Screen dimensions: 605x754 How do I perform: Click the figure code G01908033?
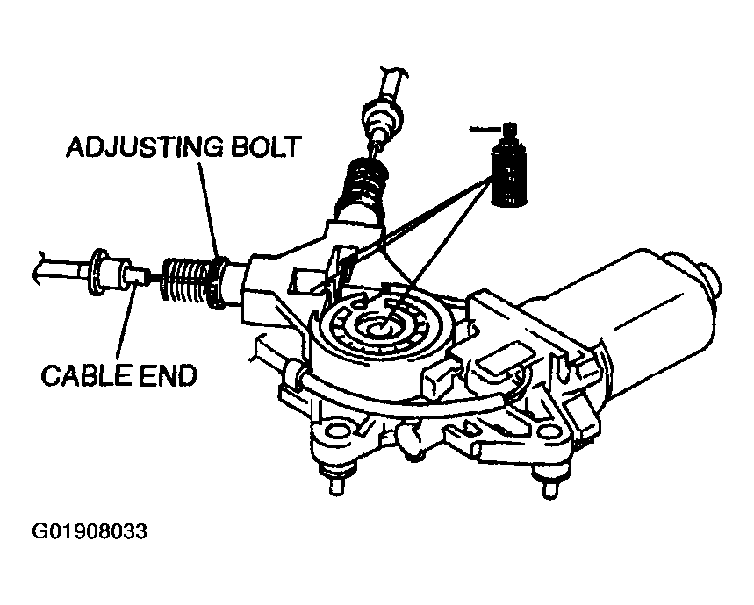[x=90, y=531]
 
